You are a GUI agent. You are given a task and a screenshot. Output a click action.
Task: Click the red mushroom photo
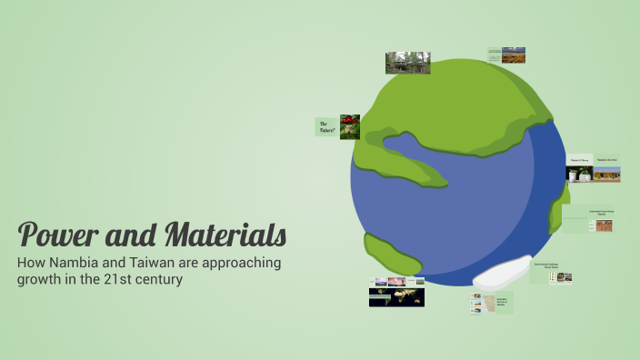[x=350, y=126]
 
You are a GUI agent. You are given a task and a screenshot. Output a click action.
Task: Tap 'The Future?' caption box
[x=326, y=126]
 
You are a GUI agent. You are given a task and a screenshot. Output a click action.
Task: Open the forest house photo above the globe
[x=407, y=63]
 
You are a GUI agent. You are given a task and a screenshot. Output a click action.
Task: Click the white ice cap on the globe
[x=490, y=271]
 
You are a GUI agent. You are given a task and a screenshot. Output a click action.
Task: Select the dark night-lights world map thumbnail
[x=396, y=297]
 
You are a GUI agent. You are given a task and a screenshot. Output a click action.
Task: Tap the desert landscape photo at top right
[x=514, y=55]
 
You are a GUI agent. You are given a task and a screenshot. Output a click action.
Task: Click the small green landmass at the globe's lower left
[x=391, y=255]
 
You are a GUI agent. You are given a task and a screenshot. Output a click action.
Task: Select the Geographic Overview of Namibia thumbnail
[x=492, y=303]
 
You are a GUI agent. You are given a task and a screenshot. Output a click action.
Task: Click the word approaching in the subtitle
[x=240, y=263]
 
